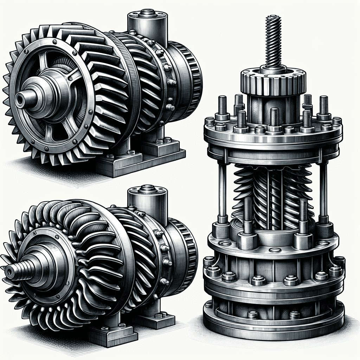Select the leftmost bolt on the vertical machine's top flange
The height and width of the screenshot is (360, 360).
[x=210, y=122]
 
